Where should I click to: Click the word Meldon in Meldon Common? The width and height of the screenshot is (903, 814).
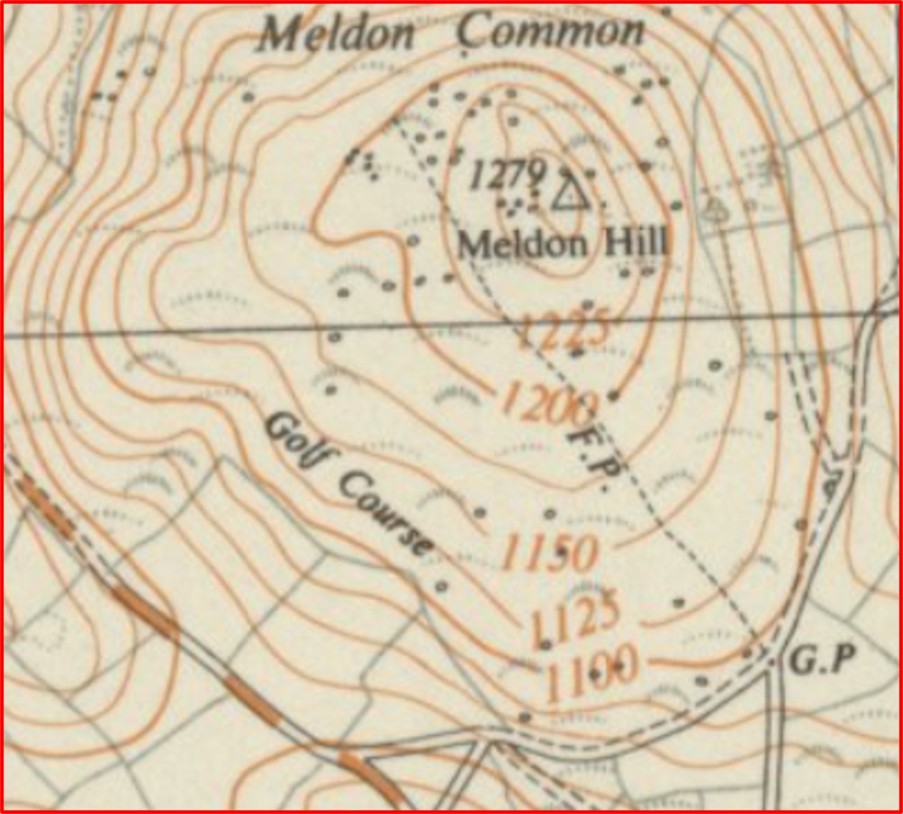tap(337, 34)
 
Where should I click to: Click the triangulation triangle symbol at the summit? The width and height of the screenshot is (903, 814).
tap(569, 193)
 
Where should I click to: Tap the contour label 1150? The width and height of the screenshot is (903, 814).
tap(548, 553)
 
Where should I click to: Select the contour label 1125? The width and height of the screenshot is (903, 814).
tap(575, 617)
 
